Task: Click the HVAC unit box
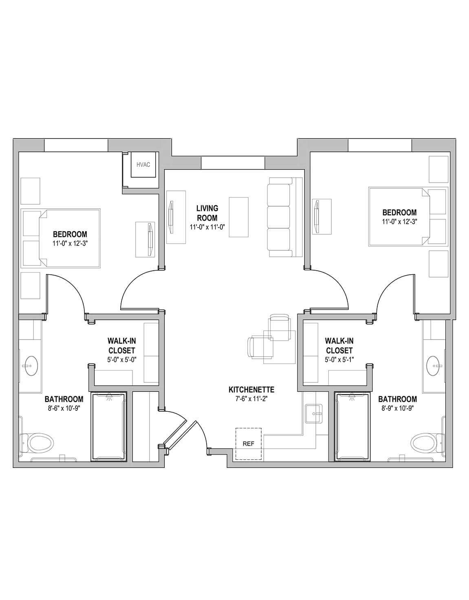tap(143, 165)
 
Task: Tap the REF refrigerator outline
tap(248, 444)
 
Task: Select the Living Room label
tap(207, 213)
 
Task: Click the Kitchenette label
tap(251, 390)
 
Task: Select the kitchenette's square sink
tap(314, 414)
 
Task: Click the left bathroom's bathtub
tap(109, 427)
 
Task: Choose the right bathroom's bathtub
tap(352, 427)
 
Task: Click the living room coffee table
tap(239, 217)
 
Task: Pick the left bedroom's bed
tap(61, 238)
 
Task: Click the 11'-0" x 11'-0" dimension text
tap(207, 227)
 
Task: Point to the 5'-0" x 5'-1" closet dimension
tap(339, 360)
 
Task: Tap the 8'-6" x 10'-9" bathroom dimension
tap(64, 408)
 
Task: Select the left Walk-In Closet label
tap(122, 345)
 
